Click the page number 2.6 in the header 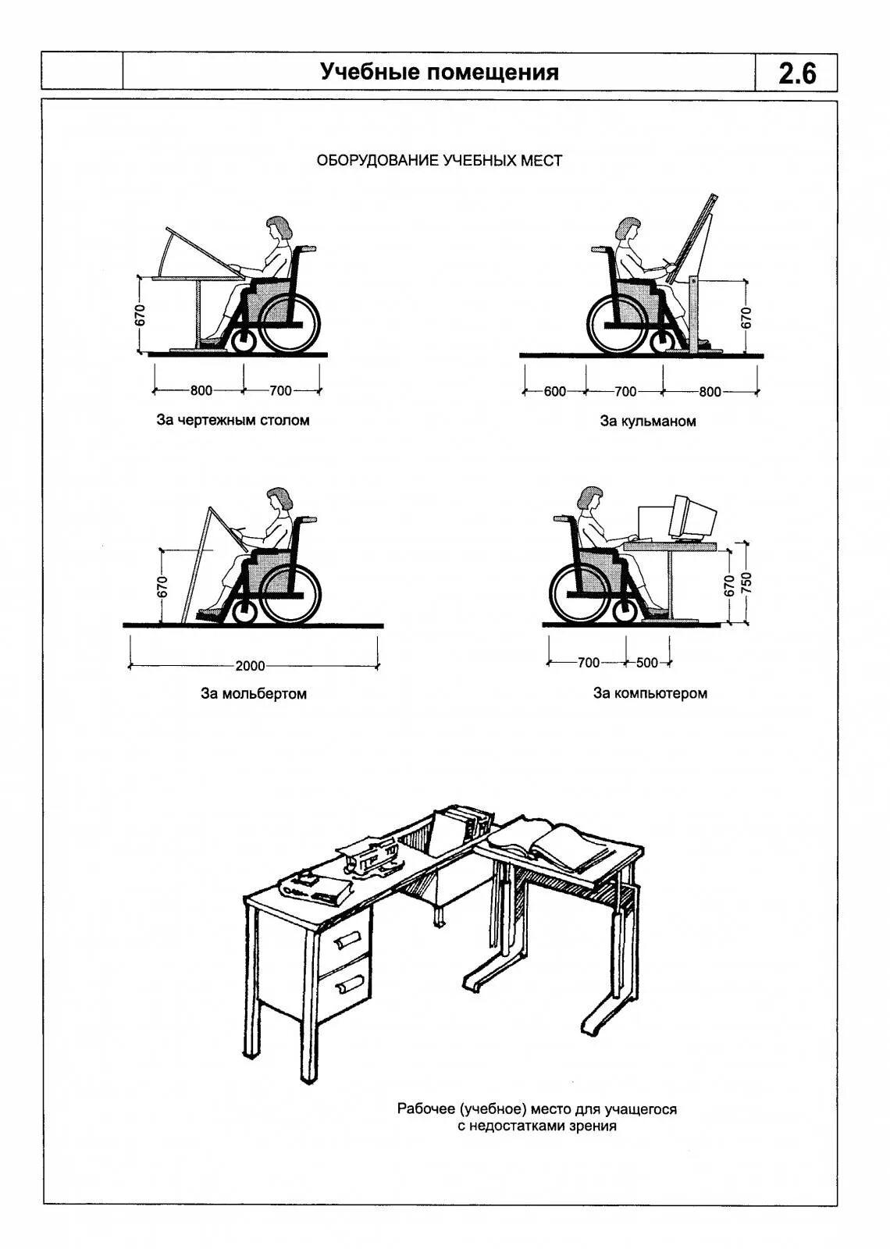click(796, 73)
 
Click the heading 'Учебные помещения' click(440, 73)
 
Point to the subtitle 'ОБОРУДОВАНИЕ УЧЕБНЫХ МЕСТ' click(439, 161)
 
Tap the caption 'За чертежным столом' click(233, 421)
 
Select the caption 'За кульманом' click(648, 422)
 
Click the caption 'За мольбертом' click(254, 694)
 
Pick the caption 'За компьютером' click(650, 693)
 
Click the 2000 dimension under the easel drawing click(250, 666)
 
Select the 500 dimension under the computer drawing click(647, 663)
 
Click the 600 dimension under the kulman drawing click(555, 391)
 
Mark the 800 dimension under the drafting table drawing click(201, 390)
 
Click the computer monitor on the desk click(693, 518)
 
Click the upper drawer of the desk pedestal click(345, 941)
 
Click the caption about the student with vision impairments click(537, 1117)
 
